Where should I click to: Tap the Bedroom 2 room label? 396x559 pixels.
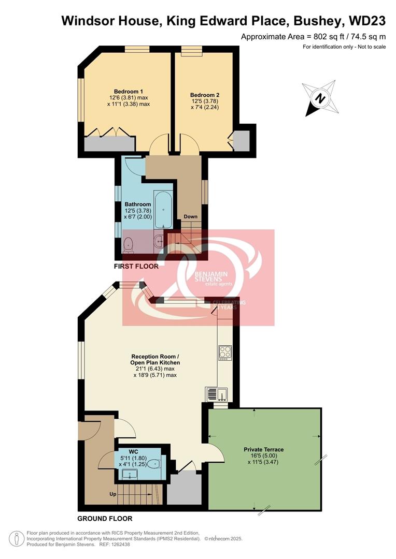coord(205,95)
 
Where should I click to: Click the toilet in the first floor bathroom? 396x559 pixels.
coord(129,244)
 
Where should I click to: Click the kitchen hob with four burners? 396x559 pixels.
coord(225,352)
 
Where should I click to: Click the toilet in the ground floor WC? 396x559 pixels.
coord(154,464)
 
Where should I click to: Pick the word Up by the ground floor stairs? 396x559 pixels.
coord(112,494)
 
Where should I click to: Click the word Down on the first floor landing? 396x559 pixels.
coord(190,216)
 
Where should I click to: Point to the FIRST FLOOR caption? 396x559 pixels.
coord(136,266)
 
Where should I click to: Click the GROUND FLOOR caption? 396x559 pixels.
coord(105,518)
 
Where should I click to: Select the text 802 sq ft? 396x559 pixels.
coord(327,37)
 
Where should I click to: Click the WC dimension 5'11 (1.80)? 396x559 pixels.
coord(133,458)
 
